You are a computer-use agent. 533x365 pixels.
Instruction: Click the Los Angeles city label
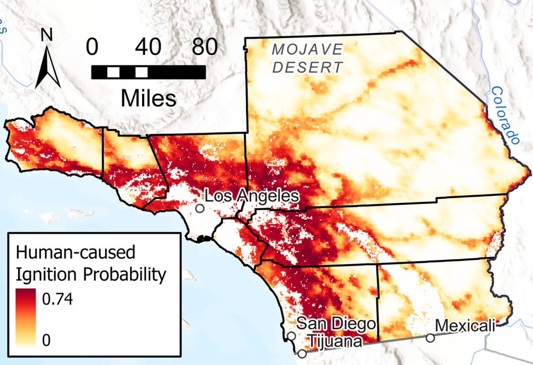click(x=252, y=196)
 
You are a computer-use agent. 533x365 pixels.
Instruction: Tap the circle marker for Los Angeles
click(x=199, y=208)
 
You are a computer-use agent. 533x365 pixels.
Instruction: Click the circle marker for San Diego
click(x=291, y=336)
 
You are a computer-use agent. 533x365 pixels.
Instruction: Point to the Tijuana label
click(x=333, y=342)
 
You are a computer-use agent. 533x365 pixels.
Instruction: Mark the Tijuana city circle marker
click(x=302, y=354)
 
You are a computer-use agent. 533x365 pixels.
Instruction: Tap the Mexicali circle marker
click(x=430, y=338)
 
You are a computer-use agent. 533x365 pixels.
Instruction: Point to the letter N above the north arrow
click(x=47, y=35)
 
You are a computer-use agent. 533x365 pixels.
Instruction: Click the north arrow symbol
click(x=48, y=67)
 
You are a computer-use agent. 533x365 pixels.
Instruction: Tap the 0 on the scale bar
click(x=92, y=48)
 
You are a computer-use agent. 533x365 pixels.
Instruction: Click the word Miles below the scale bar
click(x=148, y=97)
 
